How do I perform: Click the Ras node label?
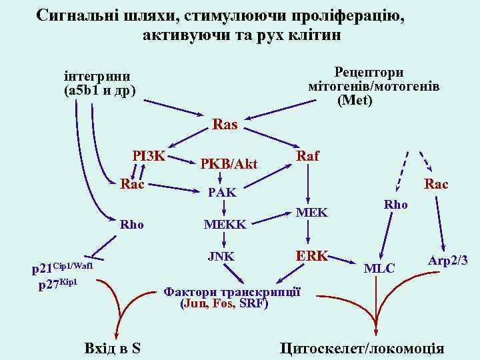click(x=224, y=124)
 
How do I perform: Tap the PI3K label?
click(x=148, y=157)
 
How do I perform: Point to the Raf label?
click(x=307, y=155)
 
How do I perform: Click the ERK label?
click(x=311, y=255)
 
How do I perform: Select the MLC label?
click(x=379, y=269)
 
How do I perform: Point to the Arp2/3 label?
click(x=448, y=261)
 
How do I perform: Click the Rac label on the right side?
click(x=436, y=183)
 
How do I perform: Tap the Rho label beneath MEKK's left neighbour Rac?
click(x=131, y=225)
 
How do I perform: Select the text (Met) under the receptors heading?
click(x=355, y=101)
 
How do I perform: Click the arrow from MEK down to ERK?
click(x=309, y=233)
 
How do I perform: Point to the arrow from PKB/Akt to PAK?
click(x=221, y=178)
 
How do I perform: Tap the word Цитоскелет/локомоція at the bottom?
click(x=362, y=348)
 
